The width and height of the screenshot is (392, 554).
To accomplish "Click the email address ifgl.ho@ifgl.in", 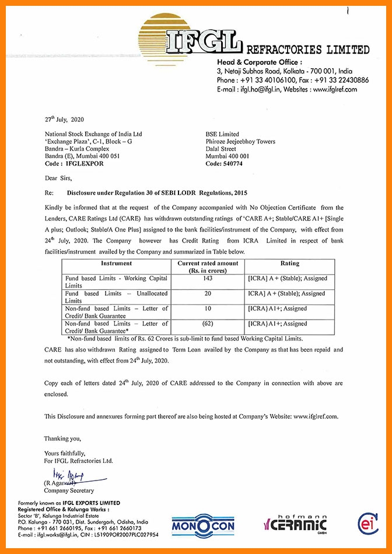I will [262, 89].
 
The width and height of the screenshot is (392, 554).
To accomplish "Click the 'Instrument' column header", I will [117, 263].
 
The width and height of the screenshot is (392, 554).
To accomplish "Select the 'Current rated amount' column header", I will [208, 267].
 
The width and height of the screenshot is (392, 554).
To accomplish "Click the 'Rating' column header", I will [289, 263].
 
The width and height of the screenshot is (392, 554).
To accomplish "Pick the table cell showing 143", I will [208, 279].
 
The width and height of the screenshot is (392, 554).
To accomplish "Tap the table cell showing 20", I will [208, 294].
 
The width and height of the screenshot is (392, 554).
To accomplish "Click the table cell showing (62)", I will [208, 323].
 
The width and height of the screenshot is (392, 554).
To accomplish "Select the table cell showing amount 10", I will [208, 308].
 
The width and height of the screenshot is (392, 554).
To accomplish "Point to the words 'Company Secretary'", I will [68, 490].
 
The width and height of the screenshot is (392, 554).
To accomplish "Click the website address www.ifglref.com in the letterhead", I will [335, 89].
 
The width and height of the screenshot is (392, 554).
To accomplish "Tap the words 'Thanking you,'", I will [63, 438].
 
